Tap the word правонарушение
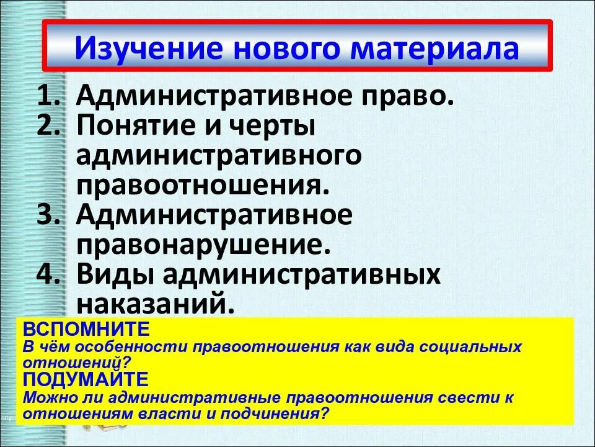tap(201, 245)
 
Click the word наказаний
tap(156, 304)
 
